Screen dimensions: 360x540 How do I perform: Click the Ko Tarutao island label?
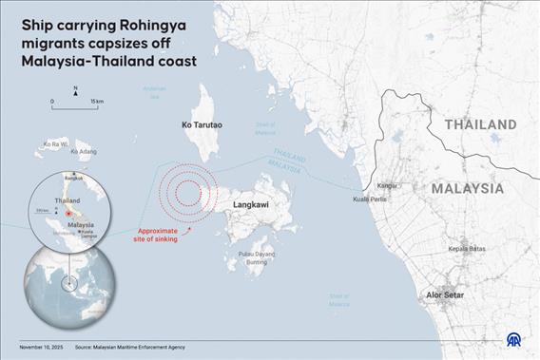pyautogui.click(x=200, y=124)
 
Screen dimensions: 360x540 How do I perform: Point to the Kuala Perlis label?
pyautogui.click(x=368, y=199)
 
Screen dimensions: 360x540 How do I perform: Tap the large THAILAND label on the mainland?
pyautogui.click(x=480, y=124)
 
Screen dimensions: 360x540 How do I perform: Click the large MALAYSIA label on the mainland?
pyautogui.click(x=468, y=188)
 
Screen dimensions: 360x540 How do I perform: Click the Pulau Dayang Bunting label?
pyautogui.click(x=257, y=257)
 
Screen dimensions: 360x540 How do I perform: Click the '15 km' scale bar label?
pyautogui.click(x=97, y=101)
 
